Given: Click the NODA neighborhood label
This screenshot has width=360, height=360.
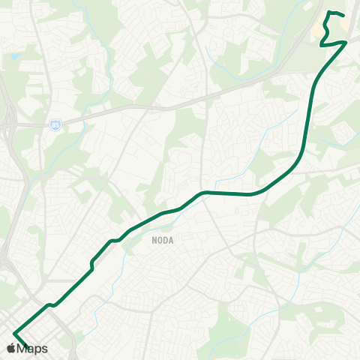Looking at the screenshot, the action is click(x=163, y=240).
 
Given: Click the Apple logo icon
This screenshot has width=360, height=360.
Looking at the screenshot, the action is click(x=10, y=348).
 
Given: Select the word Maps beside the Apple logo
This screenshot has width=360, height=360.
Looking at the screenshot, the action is click(x=33, y=348).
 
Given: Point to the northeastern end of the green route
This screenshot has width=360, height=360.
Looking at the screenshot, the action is click(x=343, y=15).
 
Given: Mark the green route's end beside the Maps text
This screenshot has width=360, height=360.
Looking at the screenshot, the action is click(x=28, y=347).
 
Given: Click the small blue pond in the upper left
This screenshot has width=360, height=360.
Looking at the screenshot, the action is click(x=15, y=57).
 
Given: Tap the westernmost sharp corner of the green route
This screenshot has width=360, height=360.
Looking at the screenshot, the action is click(x=13, y=333).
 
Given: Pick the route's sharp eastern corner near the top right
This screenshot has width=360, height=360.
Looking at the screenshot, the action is click(x=346, y=42).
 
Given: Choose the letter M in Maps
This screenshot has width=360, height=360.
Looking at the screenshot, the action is click(x=22, y=348).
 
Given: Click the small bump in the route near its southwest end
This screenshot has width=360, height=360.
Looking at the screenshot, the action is click(x=50, y=305).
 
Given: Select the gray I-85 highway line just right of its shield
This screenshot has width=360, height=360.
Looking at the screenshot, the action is click(x=75, y=121).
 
